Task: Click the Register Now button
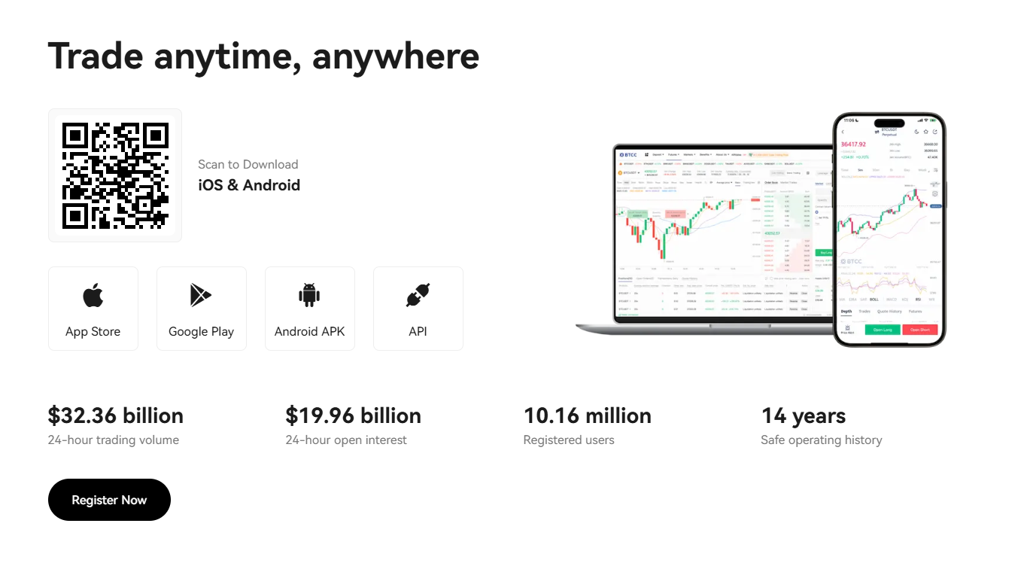tap(109, 500)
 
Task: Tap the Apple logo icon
tap(93, 295)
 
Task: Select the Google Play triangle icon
tap(200, 295)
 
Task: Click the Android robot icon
tap(309, 295)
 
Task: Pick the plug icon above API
tap(418, 295)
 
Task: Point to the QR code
tap(115, 175)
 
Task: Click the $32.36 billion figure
tap(115, 415)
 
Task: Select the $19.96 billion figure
tap(353, 415)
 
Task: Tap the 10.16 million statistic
tap(587, 415)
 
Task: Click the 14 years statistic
tap(803, 415)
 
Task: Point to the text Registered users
tap(568, 440)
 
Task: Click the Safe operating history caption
tap(821, 440)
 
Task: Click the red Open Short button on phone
tap(919, 330)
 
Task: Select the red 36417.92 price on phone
tap(853, 144)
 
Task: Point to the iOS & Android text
tap(249, 185)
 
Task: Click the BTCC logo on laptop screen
tap(627, 154)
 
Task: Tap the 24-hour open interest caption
tap(346, 440)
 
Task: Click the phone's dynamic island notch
tap(889, 123)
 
